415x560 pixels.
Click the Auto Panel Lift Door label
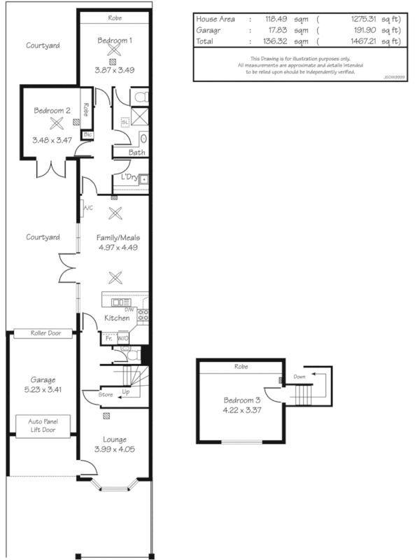pos(43,426)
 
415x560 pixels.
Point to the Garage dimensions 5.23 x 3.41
pos(43,389)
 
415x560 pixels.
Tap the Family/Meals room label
pos(113,238)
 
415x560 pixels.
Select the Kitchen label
pos(116,318)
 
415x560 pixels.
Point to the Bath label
pos(137,152)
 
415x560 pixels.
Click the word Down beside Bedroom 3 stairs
pos(300,377)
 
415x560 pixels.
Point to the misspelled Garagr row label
pos(211,31)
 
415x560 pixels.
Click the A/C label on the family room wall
pos(87,208)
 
